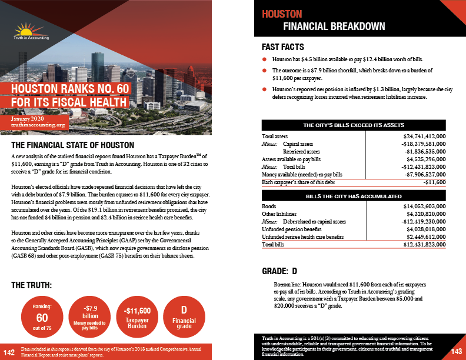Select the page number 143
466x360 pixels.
(457, 352)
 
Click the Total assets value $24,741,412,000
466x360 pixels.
(418, 136)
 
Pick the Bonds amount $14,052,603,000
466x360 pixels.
(418, 206)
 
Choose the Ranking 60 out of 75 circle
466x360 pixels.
(38, 318)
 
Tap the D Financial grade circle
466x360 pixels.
(184, 318)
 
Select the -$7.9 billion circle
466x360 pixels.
(87, 318)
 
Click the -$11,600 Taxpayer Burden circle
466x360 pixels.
(135, 318)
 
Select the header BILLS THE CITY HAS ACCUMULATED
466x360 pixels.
(353, 196)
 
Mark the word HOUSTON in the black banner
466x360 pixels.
(282, 14)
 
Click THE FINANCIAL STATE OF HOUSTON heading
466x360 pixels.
(74, 145)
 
